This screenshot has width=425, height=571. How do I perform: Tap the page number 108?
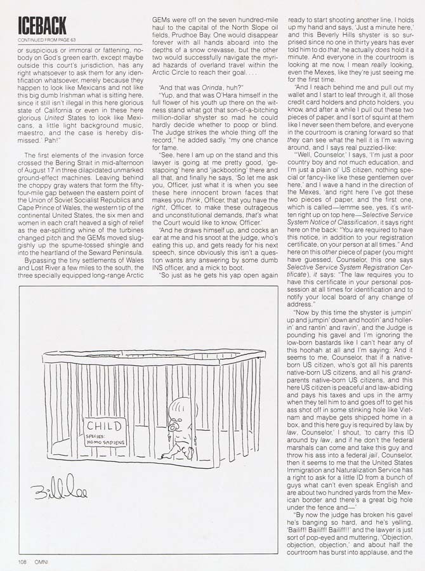[x=22, y=560]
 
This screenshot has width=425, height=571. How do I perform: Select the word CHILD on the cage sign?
[x=105, y=426]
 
